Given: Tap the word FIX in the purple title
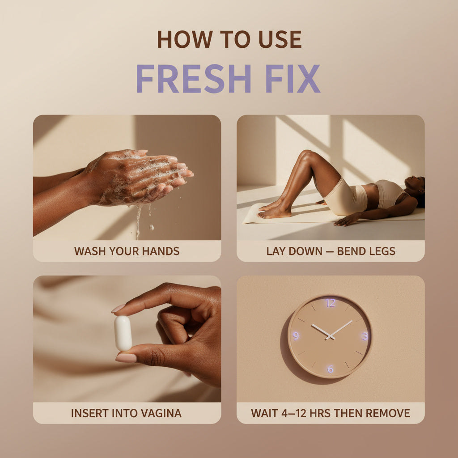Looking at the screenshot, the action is pos(293,78).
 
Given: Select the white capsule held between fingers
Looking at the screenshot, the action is pos(123,333).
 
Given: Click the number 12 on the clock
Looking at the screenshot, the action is pos(331,303).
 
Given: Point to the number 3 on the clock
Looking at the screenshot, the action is pos(365,336).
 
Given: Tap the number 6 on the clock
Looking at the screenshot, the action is pos(330,369).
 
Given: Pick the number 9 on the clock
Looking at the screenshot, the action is pos(296,336).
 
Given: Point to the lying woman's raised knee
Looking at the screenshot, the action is pos(307,154).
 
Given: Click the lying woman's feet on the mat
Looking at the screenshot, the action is pos(274,211).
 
